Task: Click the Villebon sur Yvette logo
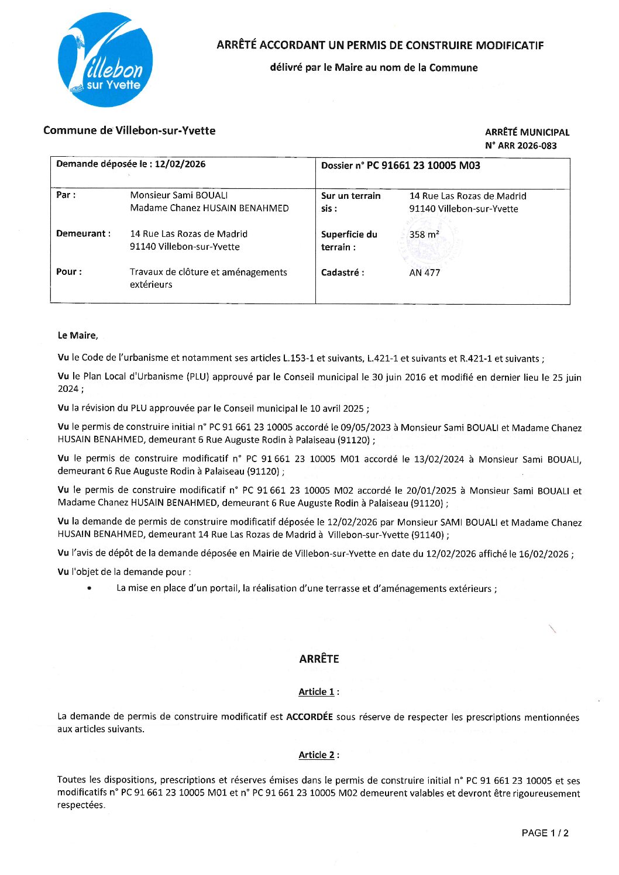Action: [105, 60]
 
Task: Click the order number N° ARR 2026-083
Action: [521, 146]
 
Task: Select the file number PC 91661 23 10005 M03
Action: [423, 166]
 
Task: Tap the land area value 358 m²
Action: [424, 235]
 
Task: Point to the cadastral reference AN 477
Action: [425, 273]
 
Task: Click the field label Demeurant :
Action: [83, 234]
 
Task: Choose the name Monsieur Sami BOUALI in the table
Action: [179, 195]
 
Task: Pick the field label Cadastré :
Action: [342, 273]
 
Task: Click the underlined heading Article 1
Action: [317, 692]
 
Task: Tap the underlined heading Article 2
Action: [317, 755]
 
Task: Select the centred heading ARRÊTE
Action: [319, 659]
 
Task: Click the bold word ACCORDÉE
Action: [309, 717]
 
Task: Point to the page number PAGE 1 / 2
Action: [545, 833]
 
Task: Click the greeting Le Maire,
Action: [78, 336]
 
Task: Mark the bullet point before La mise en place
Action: [89, 588]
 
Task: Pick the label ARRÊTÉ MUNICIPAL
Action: [527, 132]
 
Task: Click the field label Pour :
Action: [68, 272]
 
